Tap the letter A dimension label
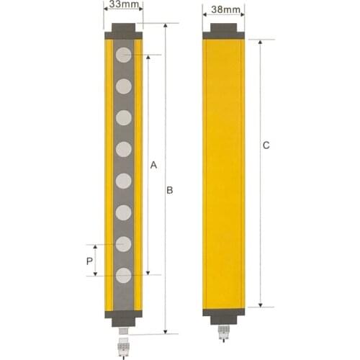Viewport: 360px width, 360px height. (x=153, y=165)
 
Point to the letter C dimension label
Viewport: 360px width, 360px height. (x=266, y=145)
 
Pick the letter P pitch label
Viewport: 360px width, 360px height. (x=89, y=261)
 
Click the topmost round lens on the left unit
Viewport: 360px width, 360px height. (x=124, y=54)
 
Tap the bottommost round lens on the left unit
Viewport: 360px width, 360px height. (x=124, y=274)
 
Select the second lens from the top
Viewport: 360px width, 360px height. (x=124, y=86)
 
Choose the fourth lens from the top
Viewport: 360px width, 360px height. (x=124, y=149)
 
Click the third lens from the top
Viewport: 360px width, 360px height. (x=124, y=117)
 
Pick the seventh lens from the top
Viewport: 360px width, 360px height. (x=124, y=243)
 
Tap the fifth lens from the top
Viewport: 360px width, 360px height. (x=124, y=180)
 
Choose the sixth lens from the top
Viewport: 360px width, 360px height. (x=124, y=212)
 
